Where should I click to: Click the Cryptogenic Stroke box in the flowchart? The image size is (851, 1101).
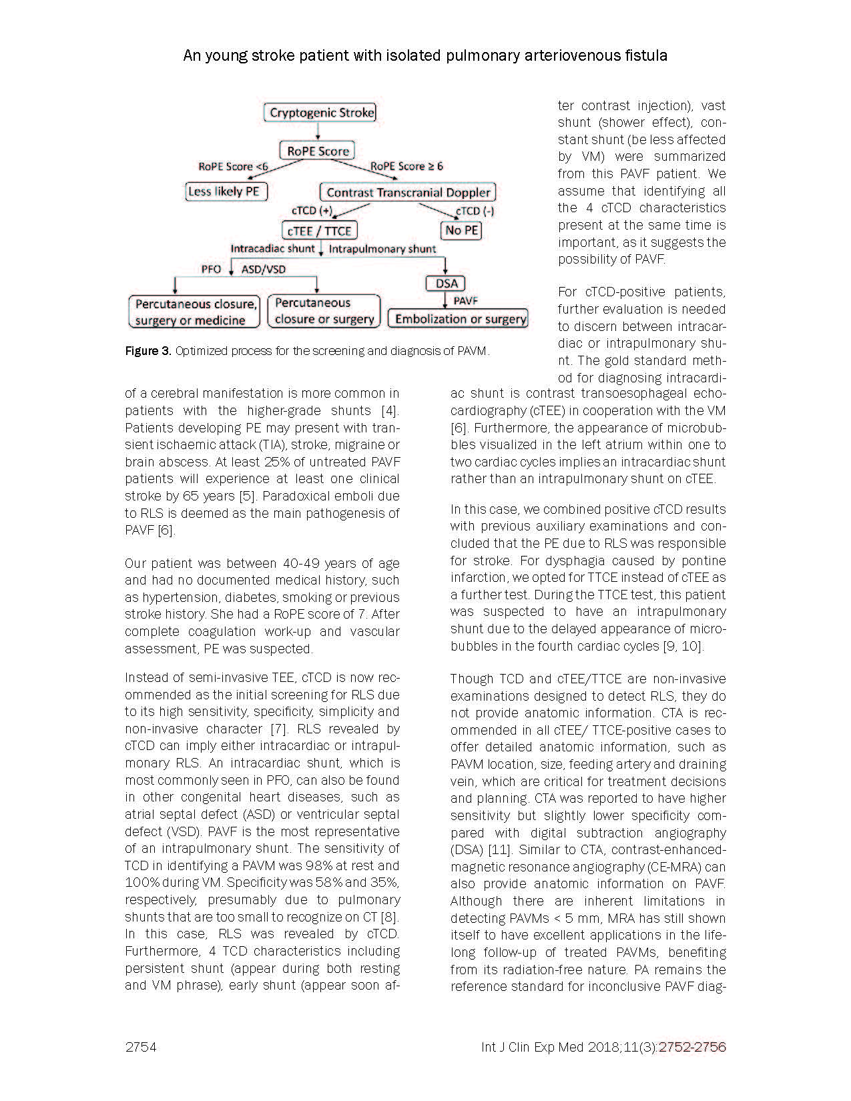320,113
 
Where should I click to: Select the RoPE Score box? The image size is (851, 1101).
318,151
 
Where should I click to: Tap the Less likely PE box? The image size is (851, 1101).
225,192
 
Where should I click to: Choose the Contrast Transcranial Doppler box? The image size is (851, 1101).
408,192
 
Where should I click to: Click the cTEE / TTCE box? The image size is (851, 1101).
320,231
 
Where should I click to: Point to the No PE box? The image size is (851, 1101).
461,230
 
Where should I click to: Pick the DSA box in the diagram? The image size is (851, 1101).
446,284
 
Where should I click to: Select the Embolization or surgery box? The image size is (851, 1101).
460,319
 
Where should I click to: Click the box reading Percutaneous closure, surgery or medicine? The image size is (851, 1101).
195,312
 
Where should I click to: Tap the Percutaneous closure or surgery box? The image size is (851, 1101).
324,312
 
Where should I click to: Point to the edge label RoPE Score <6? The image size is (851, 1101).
233,167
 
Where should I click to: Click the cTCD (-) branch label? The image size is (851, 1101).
475,212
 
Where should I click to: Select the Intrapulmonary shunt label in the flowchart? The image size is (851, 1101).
382,249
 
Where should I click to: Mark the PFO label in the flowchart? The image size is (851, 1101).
211,270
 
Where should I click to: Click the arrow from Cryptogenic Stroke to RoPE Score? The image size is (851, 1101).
318,131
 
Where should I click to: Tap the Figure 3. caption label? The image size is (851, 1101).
148,351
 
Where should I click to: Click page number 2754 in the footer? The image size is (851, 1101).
140,1047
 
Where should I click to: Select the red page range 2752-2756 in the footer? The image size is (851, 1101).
692,1047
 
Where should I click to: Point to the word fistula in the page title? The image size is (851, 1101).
643,55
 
